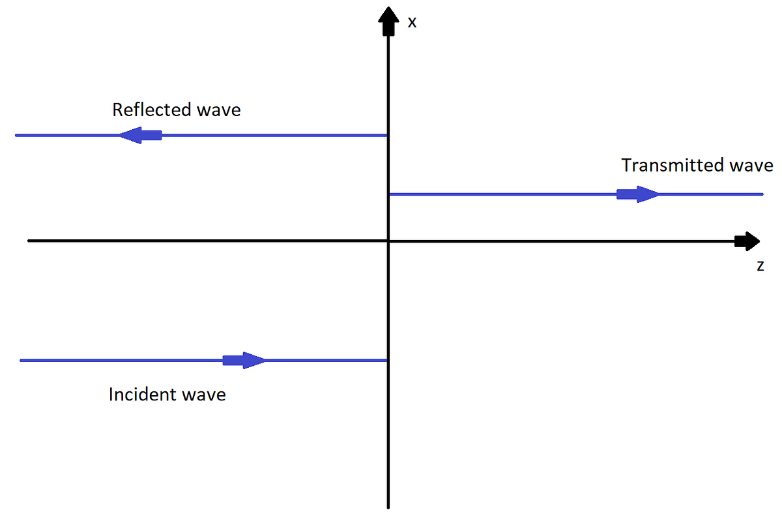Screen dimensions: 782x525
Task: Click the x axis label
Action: tap(412, 22)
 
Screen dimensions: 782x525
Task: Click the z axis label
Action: tap(760, 266)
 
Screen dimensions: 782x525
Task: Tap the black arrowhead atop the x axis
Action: tap(388, 20)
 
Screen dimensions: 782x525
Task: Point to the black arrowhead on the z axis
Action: tap(747, 241)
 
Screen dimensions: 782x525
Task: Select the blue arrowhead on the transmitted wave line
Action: tap(645, 194)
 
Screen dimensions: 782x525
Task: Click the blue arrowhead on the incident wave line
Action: tap(252, 360)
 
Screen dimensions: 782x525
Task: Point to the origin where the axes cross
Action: tap(388, 241)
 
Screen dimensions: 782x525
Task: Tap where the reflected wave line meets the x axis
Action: tap(388, 136)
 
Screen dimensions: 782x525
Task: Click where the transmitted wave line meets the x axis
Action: tap(388, 194)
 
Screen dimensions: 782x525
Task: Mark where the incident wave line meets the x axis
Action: tap(388, 360)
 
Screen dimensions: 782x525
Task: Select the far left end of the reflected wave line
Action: tap(16, 136)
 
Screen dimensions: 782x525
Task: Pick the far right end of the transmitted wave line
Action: tap(762, 194)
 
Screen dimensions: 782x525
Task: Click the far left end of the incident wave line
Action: tap(22, 360)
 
